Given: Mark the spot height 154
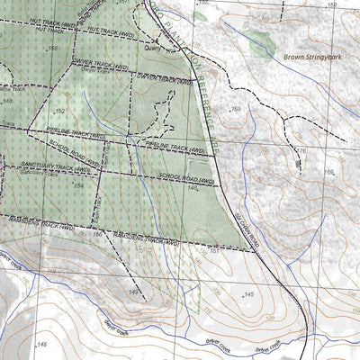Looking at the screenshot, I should coord(78,184).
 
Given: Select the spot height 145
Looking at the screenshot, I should coord(248,294).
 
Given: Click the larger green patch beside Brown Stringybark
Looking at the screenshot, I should coord(258,40).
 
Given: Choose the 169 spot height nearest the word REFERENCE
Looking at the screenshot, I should coord(237,109).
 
